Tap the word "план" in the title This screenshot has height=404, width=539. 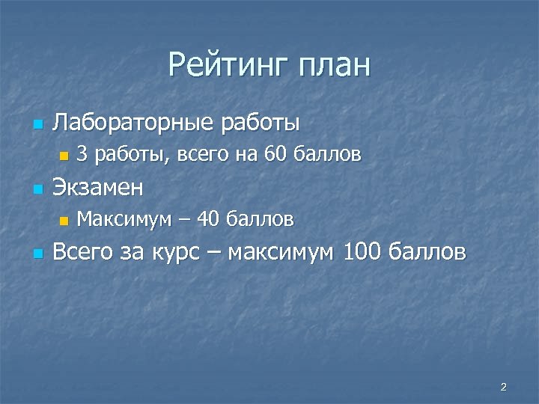click(x=334, y=65)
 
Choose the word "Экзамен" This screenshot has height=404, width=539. click(x=97, y=187)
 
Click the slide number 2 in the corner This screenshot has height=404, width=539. click(x=503, y=387)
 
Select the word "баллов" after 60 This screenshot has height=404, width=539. click(x=328, y=155)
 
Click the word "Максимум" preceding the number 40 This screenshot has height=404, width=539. click(x=124, y=219)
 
